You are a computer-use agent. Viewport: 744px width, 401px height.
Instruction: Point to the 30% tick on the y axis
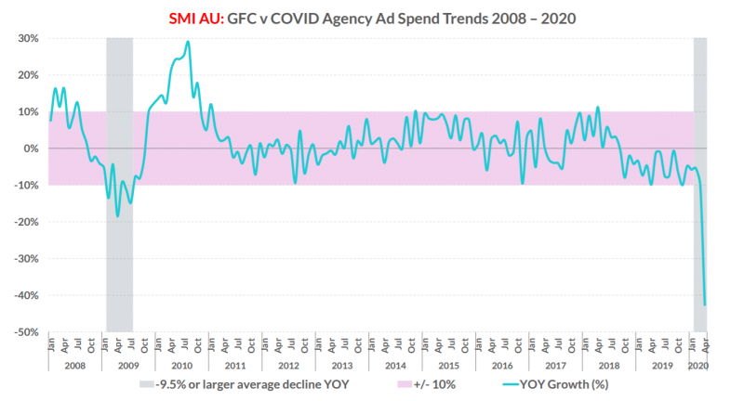pos(26,38)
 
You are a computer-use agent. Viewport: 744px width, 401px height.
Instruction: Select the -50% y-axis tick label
pos(24,331)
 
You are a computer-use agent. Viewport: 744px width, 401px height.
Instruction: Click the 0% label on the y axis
pos(30,149)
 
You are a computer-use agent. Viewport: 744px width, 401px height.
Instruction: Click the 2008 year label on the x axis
pos(75,366)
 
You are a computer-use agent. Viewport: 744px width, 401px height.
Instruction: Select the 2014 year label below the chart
pos(394,366)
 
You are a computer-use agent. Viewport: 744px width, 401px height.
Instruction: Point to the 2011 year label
pos(235,366)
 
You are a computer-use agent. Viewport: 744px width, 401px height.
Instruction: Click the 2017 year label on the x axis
pos(554,366)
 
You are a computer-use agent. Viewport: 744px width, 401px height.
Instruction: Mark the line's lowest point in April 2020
pos(705,304)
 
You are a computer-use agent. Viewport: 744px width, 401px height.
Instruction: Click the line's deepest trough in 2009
pos(117,215)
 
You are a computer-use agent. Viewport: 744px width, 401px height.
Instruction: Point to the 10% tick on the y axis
pos(26,111)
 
